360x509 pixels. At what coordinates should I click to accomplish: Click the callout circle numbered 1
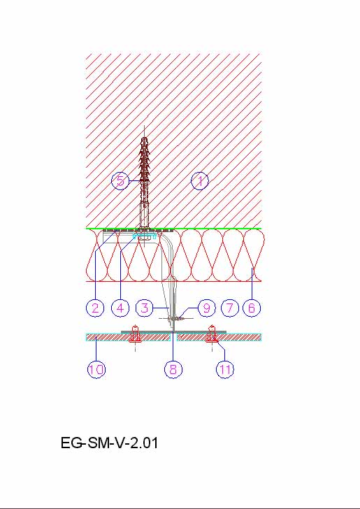[x=200, y=181]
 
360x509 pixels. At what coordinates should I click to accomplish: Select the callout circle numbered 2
[x=95, y=308]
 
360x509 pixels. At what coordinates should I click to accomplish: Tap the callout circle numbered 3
[x=145, y=308]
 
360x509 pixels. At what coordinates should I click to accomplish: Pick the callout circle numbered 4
[x=120, y=308]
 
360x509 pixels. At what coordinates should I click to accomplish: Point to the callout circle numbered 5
[x=120, y=181]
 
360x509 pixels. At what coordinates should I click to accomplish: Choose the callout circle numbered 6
[x=252, y=308]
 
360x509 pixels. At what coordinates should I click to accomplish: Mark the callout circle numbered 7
[x=229, y=308]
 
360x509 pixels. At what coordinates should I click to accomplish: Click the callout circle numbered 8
[x=173, y=369]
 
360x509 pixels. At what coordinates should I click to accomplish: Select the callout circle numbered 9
[x=206, y=308]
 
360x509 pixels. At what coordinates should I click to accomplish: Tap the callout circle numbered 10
[x=96, y=369]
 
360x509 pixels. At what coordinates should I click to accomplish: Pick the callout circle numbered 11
[x=225, y=369]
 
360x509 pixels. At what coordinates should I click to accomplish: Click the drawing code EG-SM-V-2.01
[x=109, y=443]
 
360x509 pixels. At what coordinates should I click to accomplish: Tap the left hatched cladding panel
[x=128, y=337]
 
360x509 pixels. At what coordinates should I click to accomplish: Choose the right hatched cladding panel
[x=219, y=337]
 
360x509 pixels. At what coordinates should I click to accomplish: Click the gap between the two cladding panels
[x=173, y=337]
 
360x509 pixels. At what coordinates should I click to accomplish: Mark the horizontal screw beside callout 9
[x=176, y=319]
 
